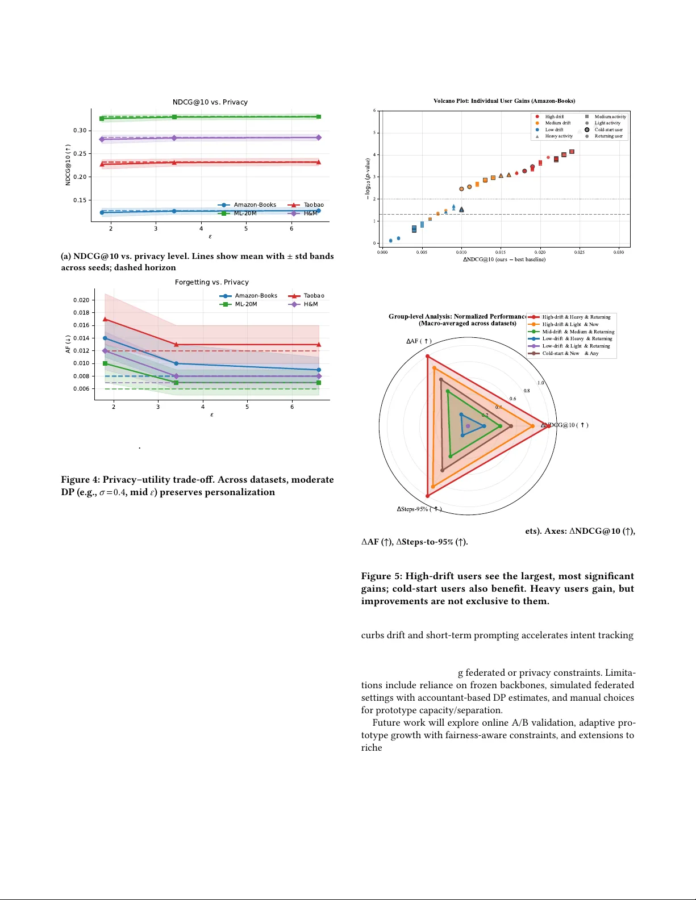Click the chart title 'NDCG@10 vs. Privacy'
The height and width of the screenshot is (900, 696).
pyautogui.click(x=210, y=102)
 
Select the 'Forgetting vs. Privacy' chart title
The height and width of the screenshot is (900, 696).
pyautogui.click(x=211, y=282)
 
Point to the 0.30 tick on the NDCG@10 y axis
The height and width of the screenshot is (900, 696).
pyautogui.click(x=80, y=131)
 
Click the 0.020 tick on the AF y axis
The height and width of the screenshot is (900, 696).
pyautogui.click(x=81, y=300)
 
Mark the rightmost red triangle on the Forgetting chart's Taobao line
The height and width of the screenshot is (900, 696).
pyautogui.click(x=319, y=345)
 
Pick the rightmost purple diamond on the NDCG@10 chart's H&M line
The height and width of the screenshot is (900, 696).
pyautogui.click(x=319, y=137)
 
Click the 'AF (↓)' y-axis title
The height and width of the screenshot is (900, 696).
pyautogui.click(x=68, y=344)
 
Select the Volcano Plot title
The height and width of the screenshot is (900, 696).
pyautogui.click(x=504, y=101)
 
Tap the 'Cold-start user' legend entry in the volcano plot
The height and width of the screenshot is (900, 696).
pyautogui.click(x=608, y=129)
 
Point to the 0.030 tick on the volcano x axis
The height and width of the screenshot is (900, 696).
pyautogui.click(x=619, y=252)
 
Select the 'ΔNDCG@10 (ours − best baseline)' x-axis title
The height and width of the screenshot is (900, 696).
pyautogui.click(x=504, y=259)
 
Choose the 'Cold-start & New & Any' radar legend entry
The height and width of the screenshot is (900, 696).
pyautogui.click(x=570, y=353)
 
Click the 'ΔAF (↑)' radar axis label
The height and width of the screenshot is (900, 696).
pyautogui.click(x=419, y=341)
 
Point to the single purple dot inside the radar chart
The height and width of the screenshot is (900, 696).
pyautogui.click(x=468, y=426)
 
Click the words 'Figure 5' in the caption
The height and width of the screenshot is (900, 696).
pyautogui.click(x=381, y=576)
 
